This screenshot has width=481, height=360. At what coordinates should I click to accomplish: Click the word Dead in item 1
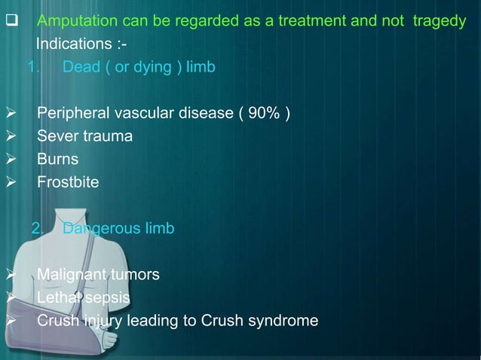tap(80, 67)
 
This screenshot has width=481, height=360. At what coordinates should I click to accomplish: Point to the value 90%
tap(265, 114)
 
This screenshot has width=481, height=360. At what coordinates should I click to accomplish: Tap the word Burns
tap(57, 159)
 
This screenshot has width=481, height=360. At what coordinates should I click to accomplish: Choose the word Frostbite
tap(68, 182)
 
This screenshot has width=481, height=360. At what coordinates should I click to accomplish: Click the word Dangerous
tap(101, 228)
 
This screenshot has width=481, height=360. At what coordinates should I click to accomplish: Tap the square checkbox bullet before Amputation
tap(11, 21)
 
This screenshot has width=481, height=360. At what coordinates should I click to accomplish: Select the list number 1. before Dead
tap(32, 67)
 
